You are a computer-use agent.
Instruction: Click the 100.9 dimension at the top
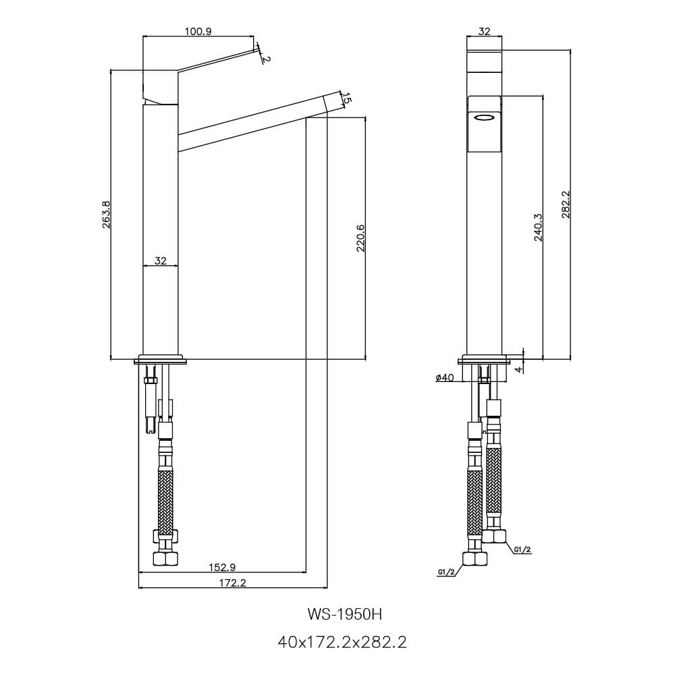[x=198, y=32]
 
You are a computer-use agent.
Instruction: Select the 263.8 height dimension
[x=106, y=215]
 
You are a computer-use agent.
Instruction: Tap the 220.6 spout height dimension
[x=360, y=238]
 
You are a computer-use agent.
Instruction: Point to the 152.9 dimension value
[x=222, y=568]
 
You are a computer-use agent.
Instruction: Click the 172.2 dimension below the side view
[x=232, y=583]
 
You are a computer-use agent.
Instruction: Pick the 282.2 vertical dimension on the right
[x=566, y=205]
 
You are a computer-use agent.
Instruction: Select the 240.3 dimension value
[x=538, y=227]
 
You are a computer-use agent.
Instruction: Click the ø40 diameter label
[x=445, y=377]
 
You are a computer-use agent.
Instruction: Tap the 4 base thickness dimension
[x=519, y=369]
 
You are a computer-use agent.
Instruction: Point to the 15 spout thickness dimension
[x=347, y=99]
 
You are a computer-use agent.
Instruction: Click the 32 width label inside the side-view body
[x=160, y=261]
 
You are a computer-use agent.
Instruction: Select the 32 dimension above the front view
[x=484, y=32]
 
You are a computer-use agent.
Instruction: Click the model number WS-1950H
[x=344, y=614]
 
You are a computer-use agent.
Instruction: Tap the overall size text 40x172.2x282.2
[x=342, y=643]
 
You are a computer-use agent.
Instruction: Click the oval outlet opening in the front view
[x=484, y=117]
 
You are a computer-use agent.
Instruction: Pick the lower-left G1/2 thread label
[x=446, y=572]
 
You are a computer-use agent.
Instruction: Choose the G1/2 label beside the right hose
[x=522, y=549]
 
